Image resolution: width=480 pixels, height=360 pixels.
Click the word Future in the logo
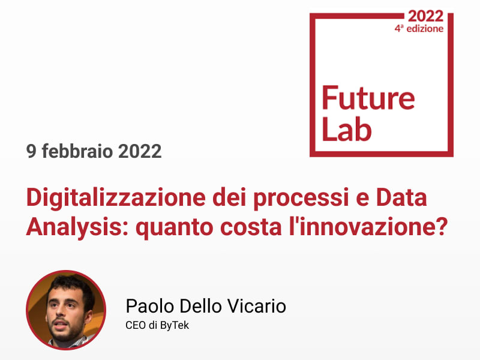(x=368, y=98)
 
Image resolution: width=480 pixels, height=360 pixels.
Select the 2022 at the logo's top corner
(x=425, y=16)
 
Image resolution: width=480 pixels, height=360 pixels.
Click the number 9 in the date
(x=31, y=151)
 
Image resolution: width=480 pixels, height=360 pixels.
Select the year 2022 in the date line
(x=140, y=151)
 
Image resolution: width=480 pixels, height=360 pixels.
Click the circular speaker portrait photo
(x=65, y=310)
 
